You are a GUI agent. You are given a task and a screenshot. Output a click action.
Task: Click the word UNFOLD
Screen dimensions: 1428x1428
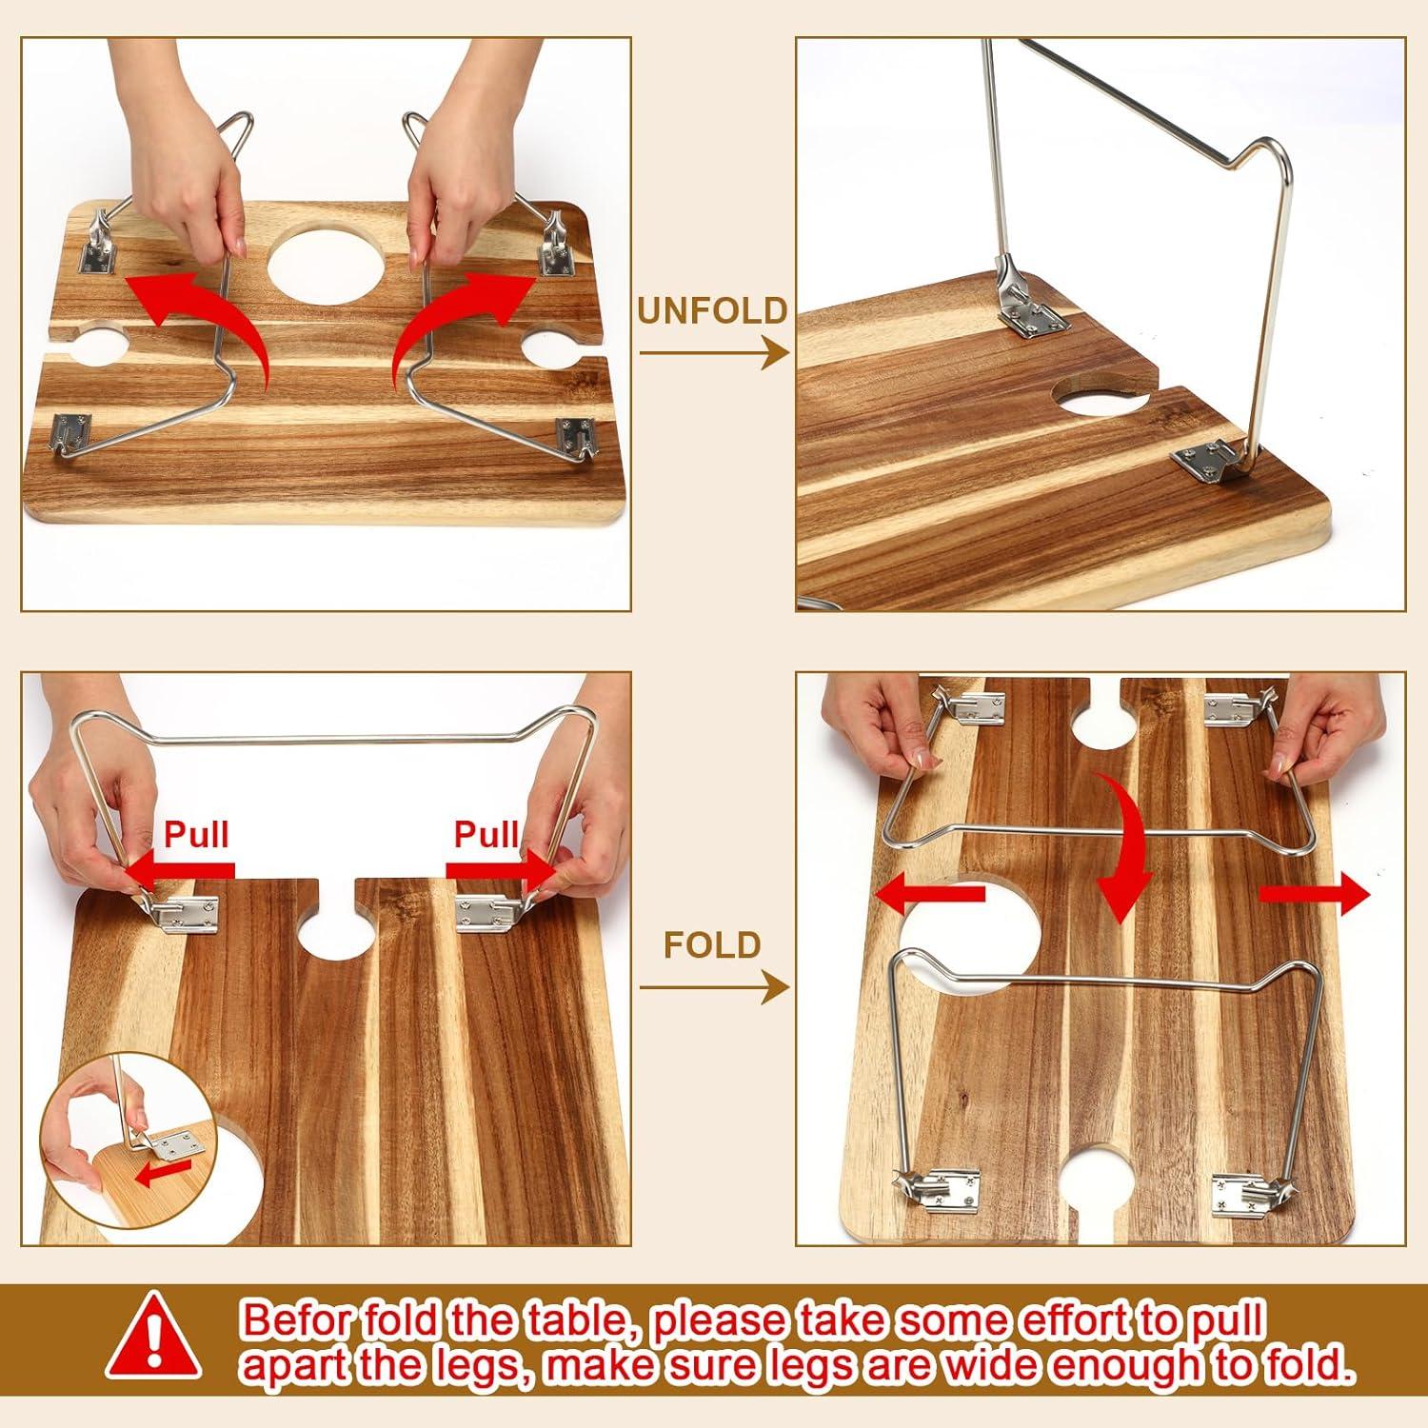tap(712, 310)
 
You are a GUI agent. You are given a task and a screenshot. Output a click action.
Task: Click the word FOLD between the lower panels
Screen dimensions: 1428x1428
tap(712, 945)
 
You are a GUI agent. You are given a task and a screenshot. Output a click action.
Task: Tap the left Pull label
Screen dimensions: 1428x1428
tap(196, 834)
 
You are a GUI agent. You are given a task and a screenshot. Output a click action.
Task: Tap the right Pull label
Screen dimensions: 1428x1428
tap(486, 834)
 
